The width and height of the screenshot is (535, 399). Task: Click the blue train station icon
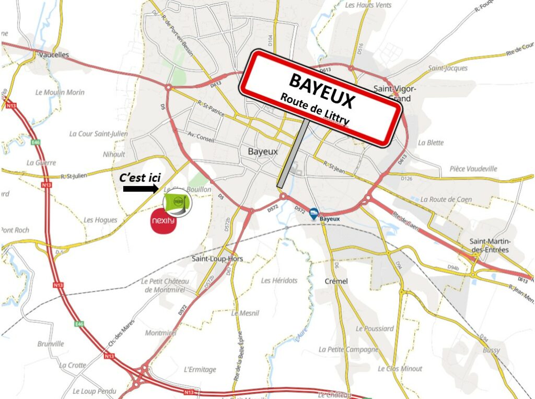(313, 212)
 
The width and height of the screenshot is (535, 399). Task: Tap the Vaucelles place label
(54, 54)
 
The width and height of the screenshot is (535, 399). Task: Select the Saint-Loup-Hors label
(217, 259)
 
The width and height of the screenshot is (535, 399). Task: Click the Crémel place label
(336, 281)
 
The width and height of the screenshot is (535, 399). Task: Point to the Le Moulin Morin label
(60, 92)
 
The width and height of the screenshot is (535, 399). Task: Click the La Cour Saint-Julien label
(98, 134)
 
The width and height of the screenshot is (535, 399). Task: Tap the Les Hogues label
(100, 220)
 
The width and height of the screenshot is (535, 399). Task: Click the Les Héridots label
(279, 280)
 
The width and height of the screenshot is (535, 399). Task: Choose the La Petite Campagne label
(348, 349)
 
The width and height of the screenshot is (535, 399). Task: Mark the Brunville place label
(51, 344)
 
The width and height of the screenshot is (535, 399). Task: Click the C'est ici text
(139, 177)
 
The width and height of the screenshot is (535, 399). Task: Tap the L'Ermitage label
(200, 369)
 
